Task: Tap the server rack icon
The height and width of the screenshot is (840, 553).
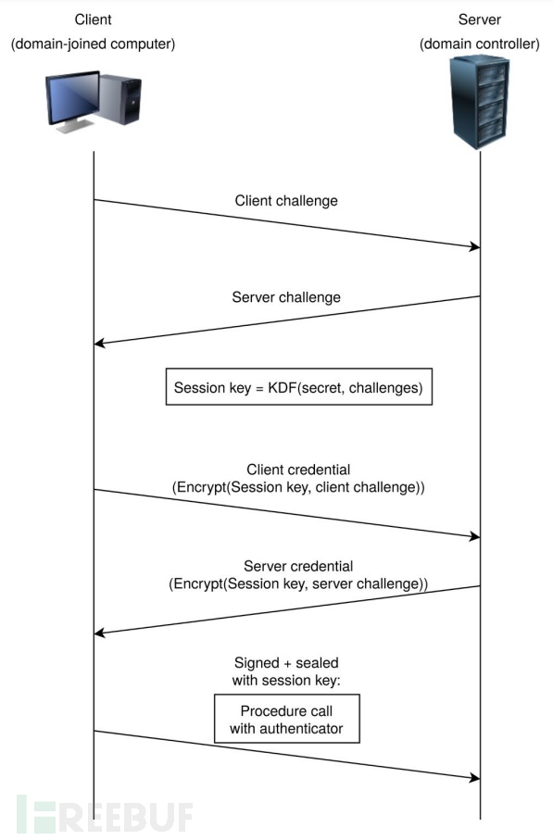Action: tap(479, 103)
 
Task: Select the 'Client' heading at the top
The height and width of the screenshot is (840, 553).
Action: tap(93, 19)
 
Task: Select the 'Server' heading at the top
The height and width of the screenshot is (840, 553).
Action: tap(479, 19)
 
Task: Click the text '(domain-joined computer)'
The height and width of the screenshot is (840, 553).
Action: tap(93, 44)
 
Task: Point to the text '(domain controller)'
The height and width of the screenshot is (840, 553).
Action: tap(479, 44)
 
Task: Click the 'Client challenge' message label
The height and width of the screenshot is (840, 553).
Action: tap(285, 200)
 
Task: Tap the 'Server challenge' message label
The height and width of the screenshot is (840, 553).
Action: tap(285, 297)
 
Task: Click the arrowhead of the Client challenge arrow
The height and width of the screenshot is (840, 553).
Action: tap(474, 246)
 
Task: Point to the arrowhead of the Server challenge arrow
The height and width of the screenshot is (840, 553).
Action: tap(100, 344)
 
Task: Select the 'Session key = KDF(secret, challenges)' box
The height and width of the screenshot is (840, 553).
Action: tap(298, 389)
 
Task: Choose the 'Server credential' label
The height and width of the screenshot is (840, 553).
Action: tap(298, 566)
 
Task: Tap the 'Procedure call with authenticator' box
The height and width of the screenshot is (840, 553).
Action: tap(286, 720)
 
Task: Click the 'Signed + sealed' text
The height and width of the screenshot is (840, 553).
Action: tap(286, 662)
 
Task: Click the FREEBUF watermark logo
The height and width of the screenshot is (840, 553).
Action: tap(104, 813)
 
